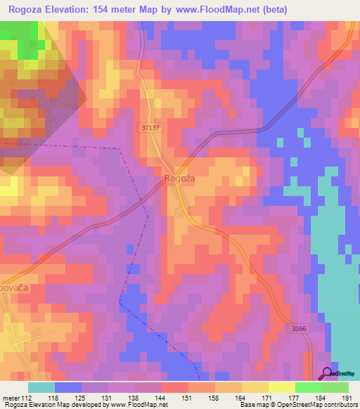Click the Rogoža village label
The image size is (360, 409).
(179, 179)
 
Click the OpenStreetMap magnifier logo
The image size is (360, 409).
(328, 373)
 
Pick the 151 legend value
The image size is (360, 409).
(188, 397)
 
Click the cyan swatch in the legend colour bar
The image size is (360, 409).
(41, 387)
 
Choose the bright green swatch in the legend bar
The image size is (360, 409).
(308, 387)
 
